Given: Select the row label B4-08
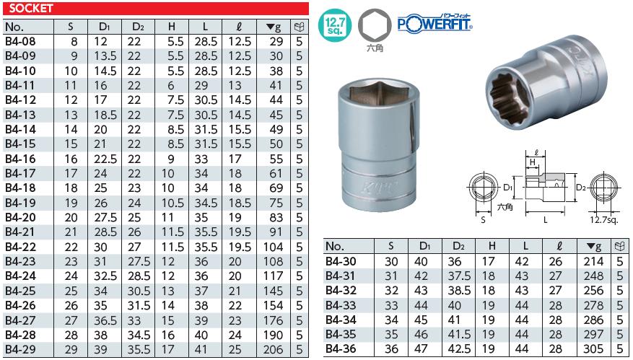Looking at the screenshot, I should [19, 41].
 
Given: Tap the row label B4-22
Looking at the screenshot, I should [20, 247].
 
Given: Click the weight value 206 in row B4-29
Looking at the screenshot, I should [274, 349].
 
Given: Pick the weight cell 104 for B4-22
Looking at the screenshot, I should [274, 247].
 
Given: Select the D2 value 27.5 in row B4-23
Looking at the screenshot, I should [134, 261].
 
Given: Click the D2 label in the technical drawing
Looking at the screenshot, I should [580, 187].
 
